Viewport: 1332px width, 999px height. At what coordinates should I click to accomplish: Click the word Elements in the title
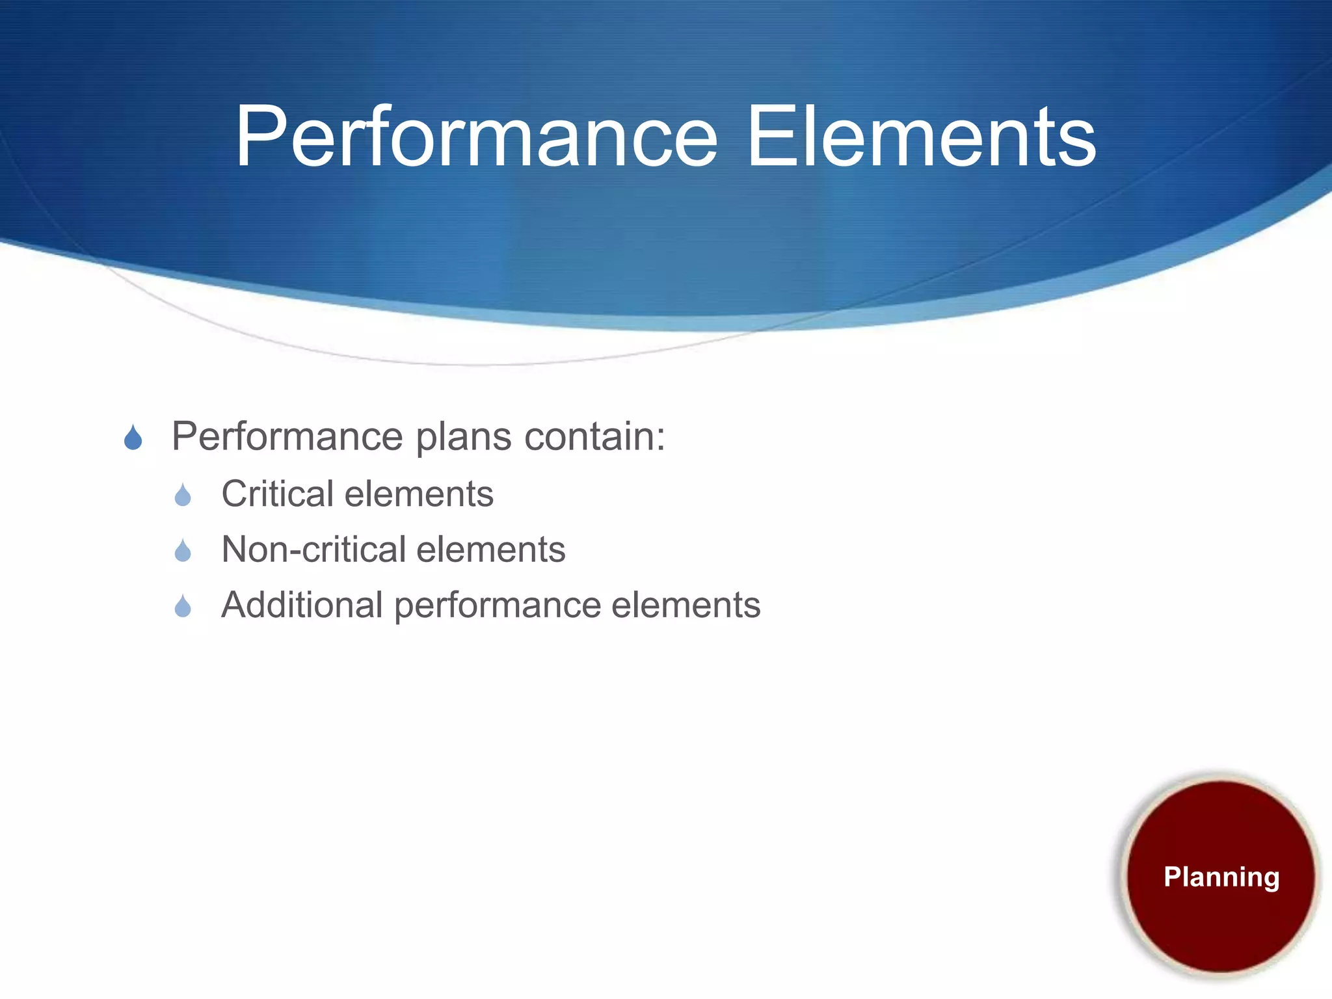[922, 138]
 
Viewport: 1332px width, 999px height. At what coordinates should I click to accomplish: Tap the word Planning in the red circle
[1221, 877]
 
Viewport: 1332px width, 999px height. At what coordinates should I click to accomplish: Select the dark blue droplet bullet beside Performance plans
[133, 438]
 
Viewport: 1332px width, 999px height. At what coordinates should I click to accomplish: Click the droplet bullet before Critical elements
[183, 496]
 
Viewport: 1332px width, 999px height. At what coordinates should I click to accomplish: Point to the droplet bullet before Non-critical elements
[183, 552]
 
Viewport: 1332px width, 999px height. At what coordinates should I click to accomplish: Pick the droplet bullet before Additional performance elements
[183, 607]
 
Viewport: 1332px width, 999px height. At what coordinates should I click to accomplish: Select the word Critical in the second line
[278, 494]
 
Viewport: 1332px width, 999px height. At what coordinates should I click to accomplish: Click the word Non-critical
[313, 550]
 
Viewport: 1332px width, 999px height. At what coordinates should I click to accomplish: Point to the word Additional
[302, 605]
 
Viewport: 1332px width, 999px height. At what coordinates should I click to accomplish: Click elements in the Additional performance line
[686, 605]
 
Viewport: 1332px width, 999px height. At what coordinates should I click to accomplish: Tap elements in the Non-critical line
[490, 550]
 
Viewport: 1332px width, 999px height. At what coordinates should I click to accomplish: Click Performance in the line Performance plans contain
[287, 436]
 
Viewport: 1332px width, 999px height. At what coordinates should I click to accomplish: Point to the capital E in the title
[768, 138]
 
